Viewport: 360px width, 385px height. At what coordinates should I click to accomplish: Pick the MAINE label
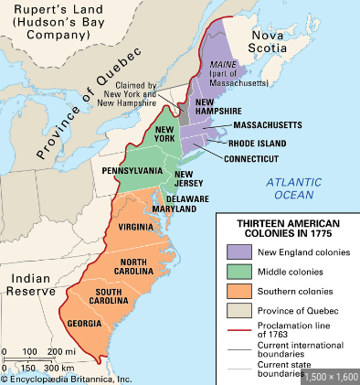(225, 63)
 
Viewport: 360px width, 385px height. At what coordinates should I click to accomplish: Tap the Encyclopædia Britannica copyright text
(66, 378)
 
